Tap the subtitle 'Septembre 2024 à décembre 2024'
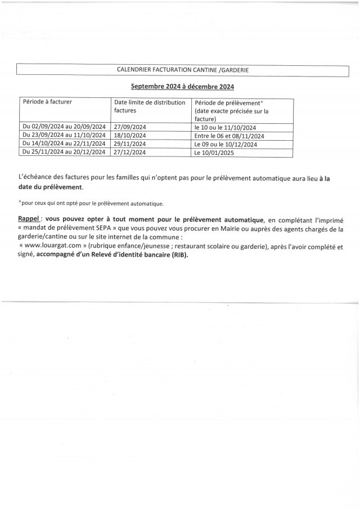point(182,87)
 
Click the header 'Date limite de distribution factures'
point(146,106)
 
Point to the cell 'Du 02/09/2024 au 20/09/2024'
point(63,127)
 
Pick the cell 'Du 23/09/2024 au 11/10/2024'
point(63,136)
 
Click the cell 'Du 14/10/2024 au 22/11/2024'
point(63,144)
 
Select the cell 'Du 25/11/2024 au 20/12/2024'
point(63,152)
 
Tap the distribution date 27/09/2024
point(130,127)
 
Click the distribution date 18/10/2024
point(130,136)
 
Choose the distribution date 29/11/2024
point(130,144)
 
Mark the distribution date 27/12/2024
point(130,152)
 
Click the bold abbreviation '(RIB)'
point(177,254)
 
